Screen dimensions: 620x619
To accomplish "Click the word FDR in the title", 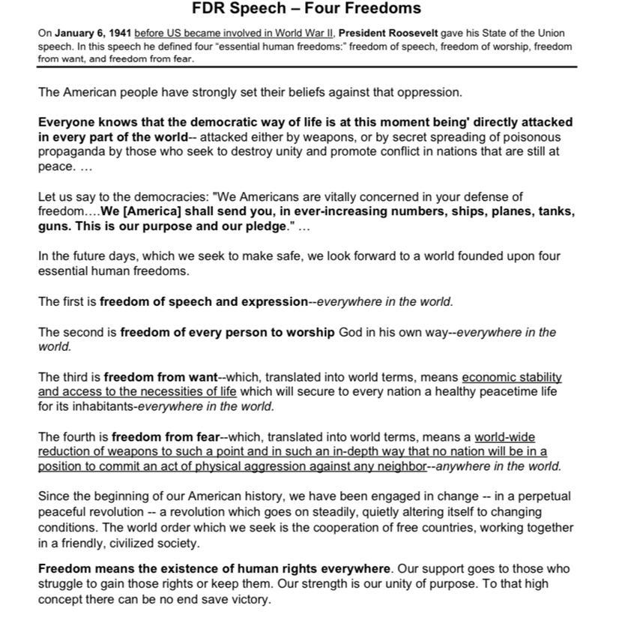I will (x=211, y=9).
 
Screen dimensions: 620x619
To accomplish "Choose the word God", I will (x=351, y=332).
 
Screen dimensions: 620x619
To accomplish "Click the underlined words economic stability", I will (x=512, y=377).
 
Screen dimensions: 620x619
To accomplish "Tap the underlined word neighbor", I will (x=402, y=466).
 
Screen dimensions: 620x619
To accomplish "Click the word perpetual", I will (x=545, y=496).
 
